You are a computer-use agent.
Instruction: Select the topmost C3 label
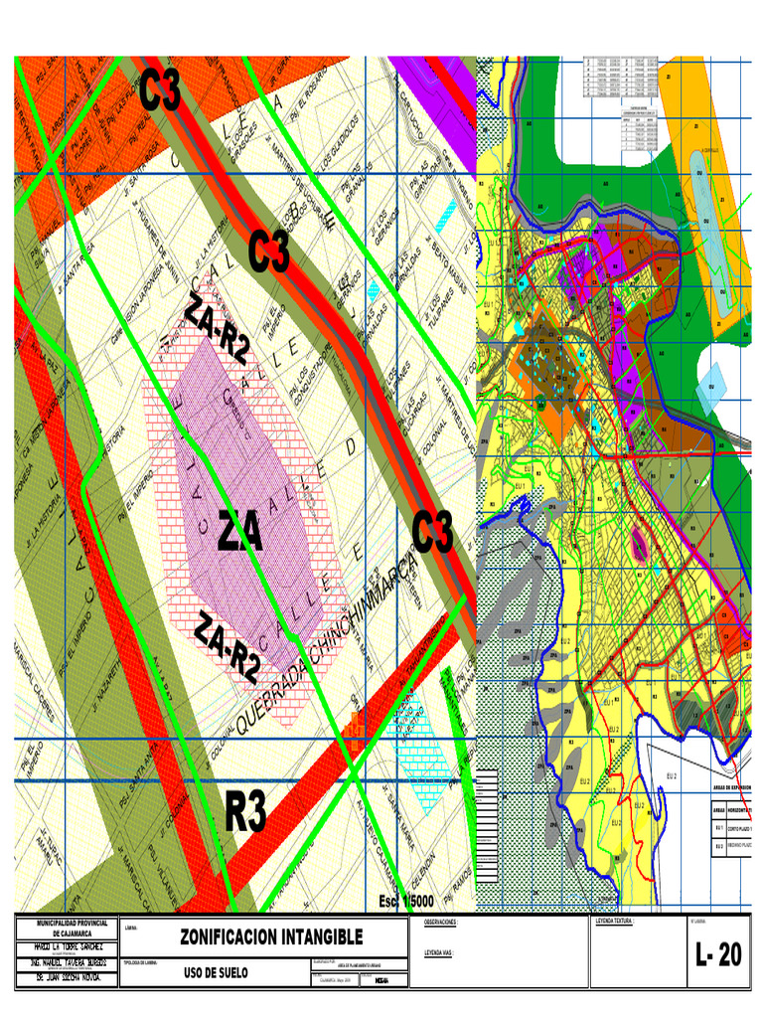(160, 92)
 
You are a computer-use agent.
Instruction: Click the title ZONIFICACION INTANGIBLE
(271, 936)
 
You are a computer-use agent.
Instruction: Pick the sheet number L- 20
(718, 956)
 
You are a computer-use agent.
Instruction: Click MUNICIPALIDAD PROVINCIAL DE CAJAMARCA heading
(66, 929)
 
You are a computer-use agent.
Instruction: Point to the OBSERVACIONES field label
(440, 924)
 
